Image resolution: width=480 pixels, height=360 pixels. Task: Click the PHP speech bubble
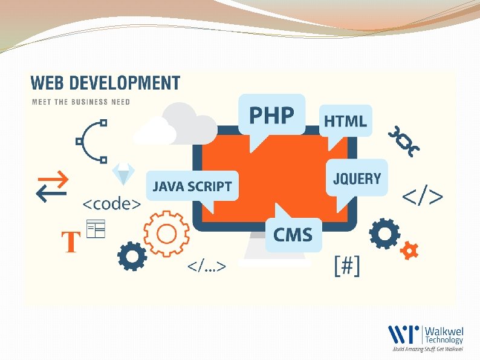pos(272,115)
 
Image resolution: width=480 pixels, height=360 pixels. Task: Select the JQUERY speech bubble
pos(357,178)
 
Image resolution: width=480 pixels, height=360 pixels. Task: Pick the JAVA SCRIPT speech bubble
pos(192,186)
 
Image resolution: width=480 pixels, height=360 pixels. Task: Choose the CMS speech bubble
pos(293,234)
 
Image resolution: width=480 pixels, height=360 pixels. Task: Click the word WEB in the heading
pos(47,83)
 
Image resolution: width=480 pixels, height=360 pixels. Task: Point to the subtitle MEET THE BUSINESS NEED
pos(80,102)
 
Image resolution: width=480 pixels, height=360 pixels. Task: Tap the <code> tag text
pos(112,204)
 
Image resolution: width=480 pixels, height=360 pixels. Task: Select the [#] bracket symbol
pos(347,266)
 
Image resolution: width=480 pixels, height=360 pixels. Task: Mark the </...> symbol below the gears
pos(207,266)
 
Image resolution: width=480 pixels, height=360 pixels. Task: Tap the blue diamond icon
pos(124,174)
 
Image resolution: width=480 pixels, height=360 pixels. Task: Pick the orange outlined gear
pos(165,233)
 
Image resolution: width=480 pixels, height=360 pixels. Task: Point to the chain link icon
pos(403,141)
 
